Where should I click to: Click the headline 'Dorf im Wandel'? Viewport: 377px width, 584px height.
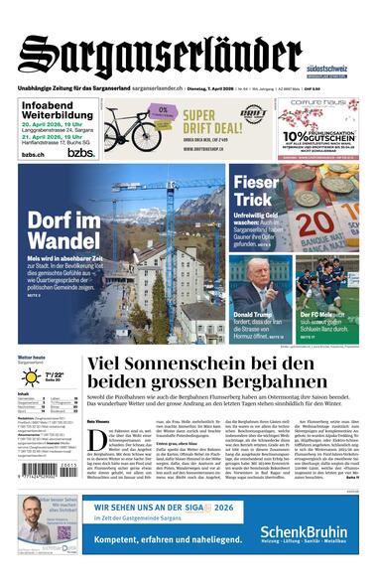pyautogui.click(x=62, y=229)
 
